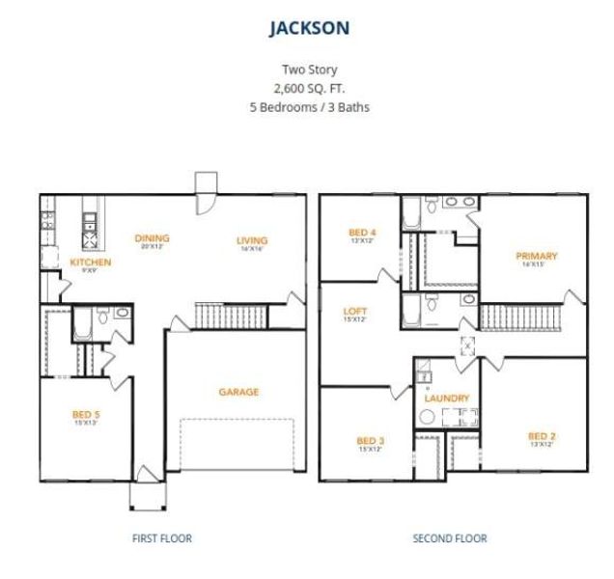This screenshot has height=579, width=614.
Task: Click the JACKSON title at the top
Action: click(309, 29)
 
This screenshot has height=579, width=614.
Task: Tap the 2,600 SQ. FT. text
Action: click(309, 88)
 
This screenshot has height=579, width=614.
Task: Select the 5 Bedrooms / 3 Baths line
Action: click(309, 107)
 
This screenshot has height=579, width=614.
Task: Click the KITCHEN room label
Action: click(91, 262)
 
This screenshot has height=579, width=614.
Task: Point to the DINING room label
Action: click(153, 238)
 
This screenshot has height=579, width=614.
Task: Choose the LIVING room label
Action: click(252, 240)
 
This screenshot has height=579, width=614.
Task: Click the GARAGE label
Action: click(237, 392)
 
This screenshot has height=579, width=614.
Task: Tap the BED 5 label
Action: click(86, 415)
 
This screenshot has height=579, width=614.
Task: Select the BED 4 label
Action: click(361, 233)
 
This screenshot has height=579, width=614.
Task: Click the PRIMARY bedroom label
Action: click(537, 256)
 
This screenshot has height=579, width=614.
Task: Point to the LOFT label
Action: click(354, 312)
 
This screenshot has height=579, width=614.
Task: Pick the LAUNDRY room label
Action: click(447, 398)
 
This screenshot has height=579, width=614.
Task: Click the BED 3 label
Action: click(371, 441)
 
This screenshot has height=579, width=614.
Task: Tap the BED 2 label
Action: click(542, 435)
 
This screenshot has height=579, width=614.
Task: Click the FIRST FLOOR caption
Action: click(161, 538)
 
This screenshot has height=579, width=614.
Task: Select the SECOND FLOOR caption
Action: click(450, 538)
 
